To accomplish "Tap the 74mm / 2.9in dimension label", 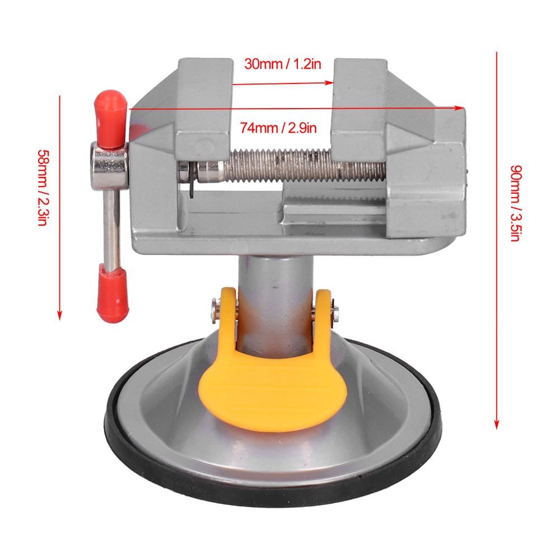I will [x=278, y=128].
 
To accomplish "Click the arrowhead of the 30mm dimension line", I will [x=329, y=83].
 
